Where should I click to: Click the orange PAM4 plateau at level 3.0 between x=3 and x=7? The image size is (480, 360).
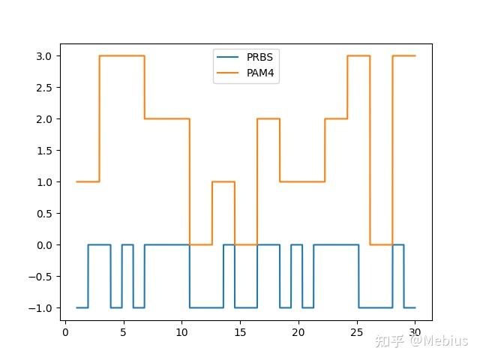coord(121,55)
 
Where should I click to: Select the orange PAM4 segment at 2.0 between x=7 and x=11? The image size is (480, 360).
coord(166,118)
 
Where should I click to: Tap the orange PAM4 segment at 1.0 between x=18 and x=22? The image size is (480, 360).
coord(302,181)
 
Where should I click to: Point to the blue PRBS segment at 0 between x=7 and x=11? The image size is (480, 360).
coord(166,244)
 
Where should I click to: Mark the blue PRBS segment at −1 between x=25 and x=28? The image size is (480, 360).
coord(375,307)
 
